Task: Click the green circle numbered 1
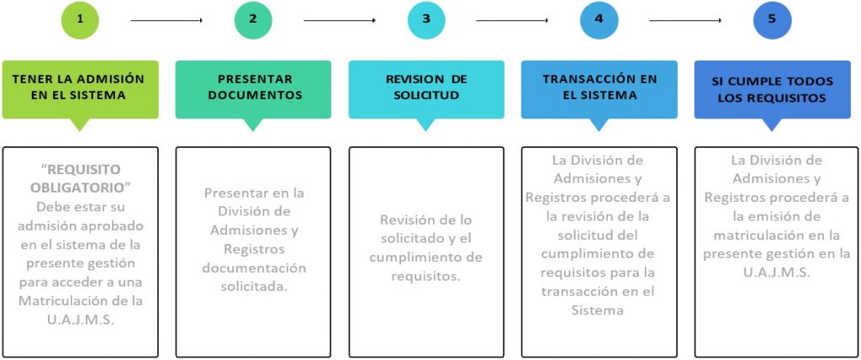(x=80, y=20)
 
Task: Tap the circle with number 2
(x=253, y=20)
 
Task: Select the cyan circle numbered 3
(x=426, y=20)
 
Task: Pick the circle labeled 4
(x=599, y=20)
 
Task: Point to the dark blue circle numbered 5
(x=772, y=20)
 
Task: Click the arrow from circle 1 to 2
(x=166, y=21)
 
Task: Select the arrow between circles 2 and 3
(x=340, y=21)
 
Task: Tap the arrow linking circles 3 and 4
(x=512, y=21)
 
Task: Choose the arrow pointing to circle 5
(x=685, y=21)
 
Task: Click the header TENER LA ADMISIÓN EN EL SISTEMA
(x=80, y=87)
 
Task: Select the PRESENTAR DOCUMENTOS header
(x=253, y=87)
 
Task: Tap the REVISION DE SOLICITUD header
(x=426, y=87)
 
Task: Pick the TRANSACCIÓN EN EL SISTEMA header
(x=599, y=87)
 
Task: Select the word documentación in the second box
(x=254, y=268)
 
